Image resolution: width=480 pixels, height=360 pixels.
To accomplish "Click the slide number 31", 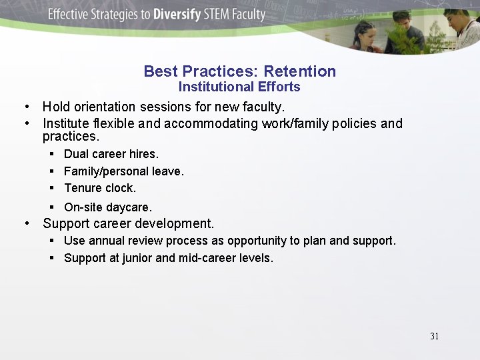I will (434, 336).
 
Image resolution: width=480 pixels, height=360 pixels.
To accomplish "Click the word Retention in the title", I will (299, 71).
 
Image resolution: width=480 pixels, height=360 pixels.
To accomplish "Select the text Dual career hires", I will (111, 154).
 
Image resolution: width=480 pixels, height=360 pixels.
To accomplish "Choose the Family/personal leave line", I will (123, 171).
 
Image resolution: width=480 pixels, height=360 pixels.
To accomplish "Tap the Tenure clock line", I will (100, 188).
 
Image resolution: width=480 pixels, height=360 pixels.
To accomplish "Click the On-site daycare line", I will (108, 207).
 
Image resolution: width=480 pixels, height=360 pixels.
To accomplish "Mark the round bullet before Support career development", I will (26, 223).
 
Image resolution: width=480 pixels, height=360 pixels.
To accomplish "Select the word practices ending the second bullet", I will (70, 137).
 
